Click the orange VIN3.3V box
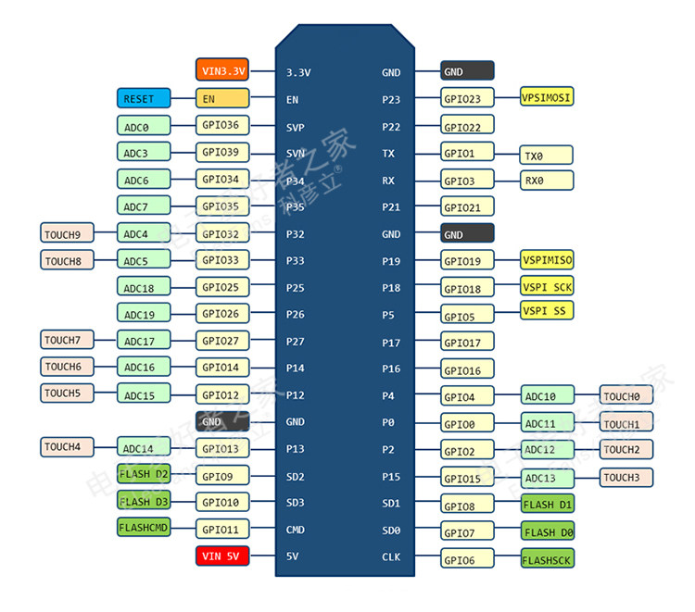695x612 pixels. (x=222, y=70)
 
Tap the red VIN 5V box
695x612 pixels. (x=222, y=556)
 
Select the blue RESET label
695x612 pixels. (x=144, y=98)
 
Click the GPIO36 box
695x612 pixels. (x=222, y=125)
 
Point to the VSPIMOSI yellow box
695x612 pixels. (x=547, y=97)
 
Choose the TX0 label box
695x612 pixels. (x=547, y=155)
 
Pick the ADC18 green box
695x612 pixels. (x=144, y=287)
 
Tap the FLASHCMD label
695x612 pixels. (x=144, y=528)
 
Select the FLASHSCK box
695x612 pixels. (x=547, y=559)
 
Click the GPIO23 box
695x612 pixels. (x=467, y=98)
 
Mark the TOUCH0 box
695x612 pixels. (x=625, y=396)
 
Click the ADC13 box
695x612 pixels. (x=547, y=478)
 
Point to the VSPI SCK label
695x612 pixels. (x=547, y=287)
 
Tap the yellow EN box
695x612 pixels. (x=222, y=98)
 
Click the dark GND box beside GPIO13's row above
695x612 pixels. (x=222, y=421)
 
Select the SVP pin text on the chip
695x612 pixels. (x=296, y=127)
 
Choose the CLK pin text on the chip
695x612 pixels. (x=391, y=557)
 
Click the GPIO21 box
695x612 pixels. (x=467, y=207)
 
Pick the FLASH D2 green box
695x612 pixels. (x=144, y=475)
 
